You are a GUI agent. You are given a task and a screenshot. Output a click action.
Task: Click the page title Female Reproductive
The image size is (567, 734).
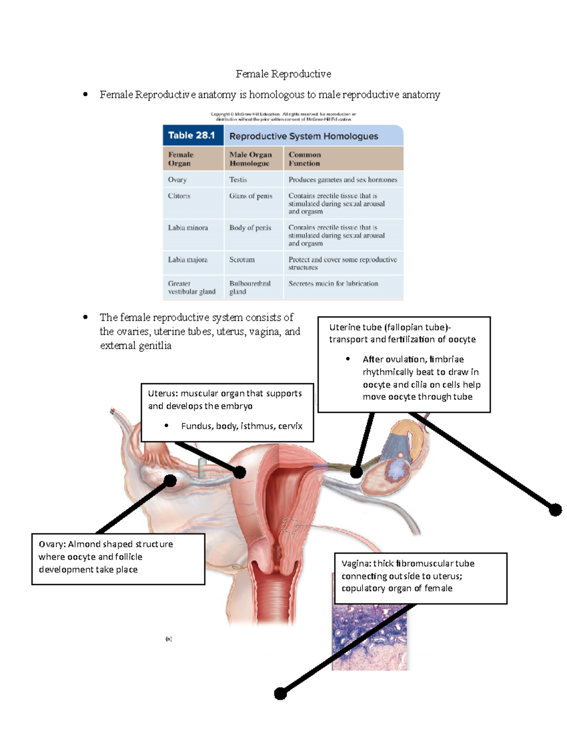point(283,74)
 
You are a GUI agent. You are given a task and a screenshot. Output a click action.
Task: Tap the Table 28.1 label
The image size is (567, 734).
point(191,136)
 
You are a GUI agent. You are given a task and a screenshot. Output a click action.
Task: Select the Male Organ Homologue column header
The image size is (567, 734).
point(250,159)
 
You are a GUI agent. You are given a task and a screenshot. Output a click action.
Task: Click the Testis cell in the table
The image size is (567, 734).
point(238,180)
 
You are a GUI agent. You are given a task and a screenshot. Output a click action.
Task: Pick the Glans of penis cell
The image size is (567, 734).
point(251,196)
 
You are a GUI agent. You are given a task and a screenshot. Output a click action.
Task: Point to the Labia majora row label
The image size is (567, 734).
point(188,259)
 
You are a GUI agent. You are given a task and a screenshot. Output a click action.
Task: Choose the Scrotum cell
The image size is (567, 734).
point(242,259)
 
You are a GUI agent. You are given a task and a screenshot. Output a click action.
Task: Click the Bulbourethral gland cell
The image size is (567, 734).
point(250,287)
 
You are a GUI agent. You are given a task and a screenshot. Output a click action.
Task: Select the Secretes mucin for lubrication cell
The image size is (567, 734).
point(333,284)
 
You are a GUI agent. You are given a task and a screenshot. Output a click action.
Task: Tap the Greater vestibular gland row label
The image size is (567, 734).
point(191,287)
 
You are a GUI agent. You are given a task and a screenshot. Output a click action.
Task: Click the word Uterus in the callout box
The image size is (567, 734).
point(162,394)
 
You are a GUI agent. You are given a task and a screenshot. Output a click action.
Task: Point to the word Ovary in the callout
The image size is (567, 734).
point(52,544)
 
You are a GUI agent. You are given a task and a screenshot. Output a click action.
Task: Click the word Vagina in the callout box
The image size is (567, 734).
point(356,563)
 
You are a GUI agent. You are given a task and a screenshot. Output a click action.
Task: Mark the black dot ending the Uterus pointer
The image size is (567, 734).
point(240,472)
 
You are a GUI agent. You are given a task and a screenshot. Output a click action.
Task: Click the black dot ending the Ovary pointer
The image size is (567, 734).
point(170,481)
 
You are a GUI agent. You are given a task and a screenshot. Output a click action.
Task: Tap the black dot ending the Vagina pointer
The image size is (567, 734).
point(281,693)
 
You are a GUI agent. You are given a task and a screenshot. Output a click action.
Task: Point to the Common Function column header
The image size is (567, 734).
point(304,159)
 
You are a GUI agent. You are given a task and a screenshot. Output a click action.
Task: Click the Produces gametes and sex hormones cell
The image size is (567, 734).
point(343,180)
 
